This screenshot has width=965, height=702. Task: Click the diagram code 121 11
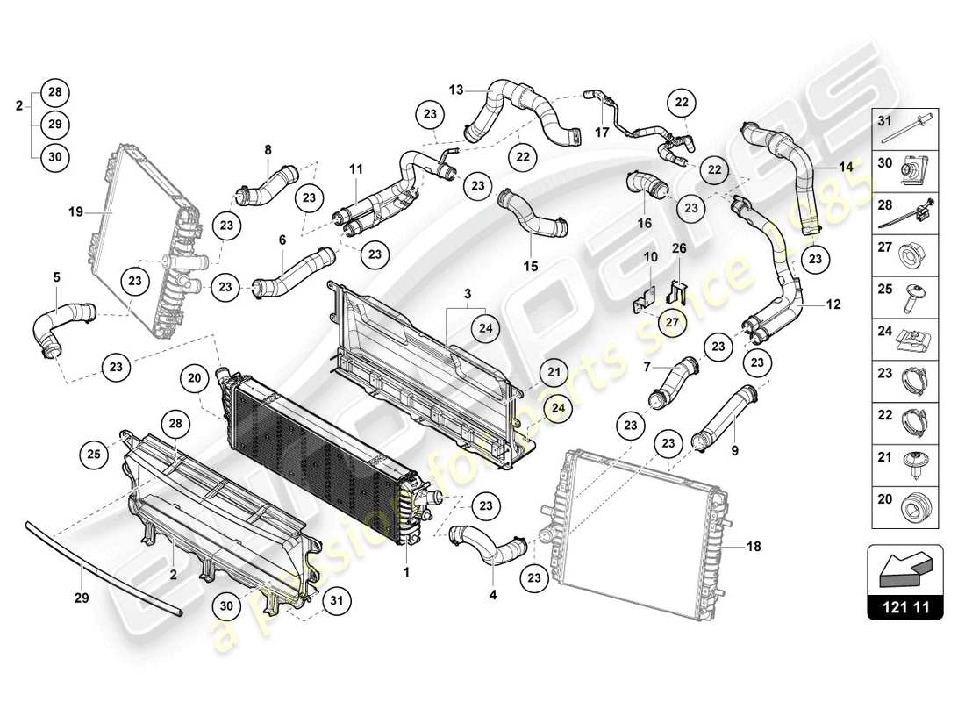pos(904,605)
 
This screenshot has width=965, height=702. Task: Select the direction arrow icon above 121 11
pos(904,568)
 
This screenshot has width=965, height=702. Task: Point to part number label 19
pos(76,211)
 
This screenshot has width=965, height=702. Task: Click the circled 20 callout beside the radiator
pos(194,377)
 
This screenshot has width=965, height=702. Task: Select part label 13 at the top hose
pos(455,89)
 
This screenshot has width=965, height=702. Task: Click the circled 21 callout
pos(554,372)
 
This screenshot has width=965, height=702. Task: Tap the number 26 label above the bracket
pos(680,247)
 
